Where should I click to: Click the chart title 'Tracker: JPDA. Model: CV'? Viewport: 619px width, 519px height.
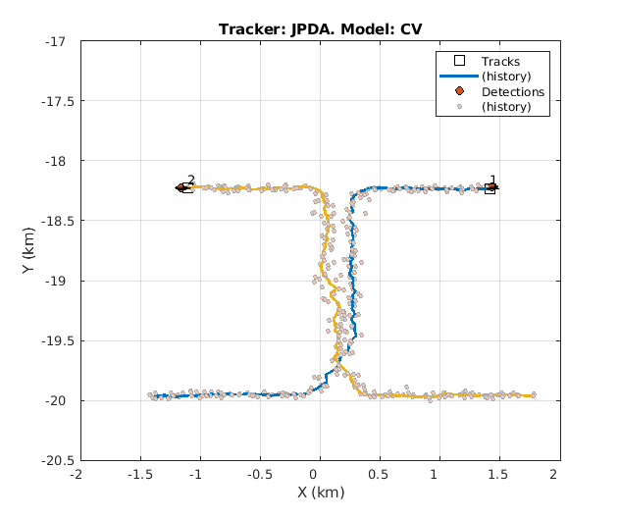pos(321,27)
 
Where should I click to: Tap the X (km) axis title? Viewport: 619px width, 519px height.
pos(320,492)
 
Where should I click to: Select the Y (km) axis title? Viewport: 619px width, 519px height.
pos(30,250)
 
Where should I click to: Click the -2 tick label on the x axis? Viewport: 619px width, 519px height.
pos(78,475)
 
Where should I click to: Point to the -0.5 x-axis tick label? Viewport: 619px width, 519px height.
pos(258,475)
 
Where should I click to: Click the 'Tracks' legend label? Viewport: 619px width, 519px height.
pos(500,62)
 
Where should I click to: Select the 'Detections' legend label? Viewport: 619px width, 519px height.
pos(512,92)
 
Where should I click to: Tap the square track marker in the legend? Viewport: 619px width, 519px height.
pos(458,62)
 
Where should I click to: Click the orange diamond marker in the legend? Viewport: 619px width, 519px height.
pos(458,92)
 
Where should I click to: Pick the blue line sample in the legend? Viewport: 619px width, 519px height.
pos(458,77)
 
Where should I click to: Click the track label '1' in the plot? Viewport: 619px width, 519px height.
pos(492,181)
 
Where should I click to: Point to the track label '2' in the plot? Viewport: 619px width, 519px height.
pos(190,181)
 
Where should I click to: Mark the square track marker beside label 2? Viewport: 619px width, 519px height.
pos(187,188)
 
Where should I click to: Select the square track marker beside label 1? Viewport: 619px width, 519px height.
pos(490,188)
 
